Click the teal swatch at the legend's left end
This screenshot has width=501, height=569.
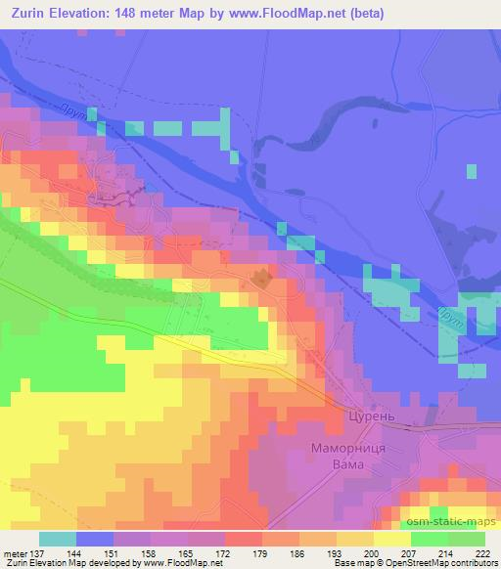point(58,539)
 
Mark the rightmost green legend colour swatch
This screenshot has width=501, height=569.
point(467,539)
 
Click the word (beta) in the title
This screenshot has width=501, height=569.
point(362,14)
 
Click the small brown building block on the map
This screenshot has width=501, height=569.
point(261,278)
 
